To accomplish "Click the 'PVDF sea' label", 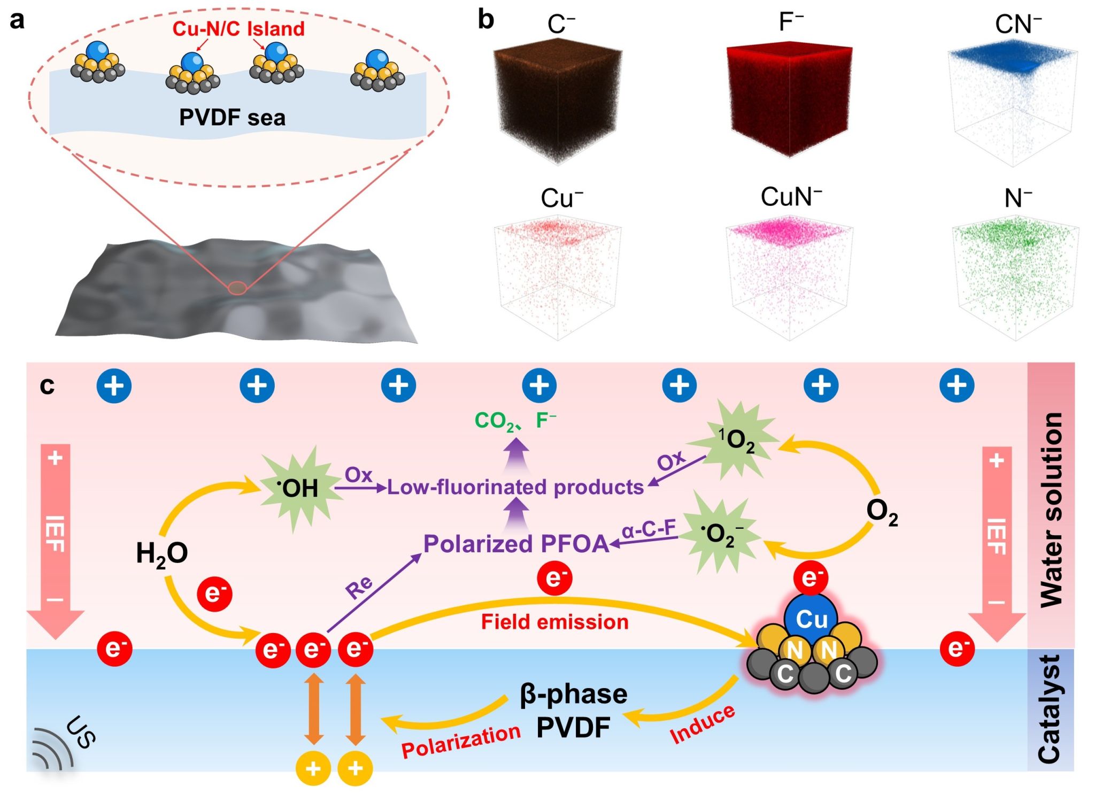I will click(232, 118).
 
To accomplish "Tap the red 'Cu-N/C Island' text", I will click(238, 29).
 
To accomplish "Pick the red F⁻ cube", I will click(789, 99).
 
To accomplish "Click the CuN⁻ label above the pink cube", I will click(791, 197).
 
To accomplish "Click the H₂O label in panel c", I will click(162, 553).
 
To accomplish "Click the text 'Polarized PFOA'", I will click(516, 544).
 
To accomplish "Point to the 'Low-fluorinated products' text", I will click(515, 487).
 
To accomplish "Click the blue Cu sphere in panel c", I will click(811, 619).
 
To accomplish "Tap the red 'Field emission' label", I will click(554, 622).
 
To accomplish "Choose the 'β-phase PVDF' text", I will click(573, 711).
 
